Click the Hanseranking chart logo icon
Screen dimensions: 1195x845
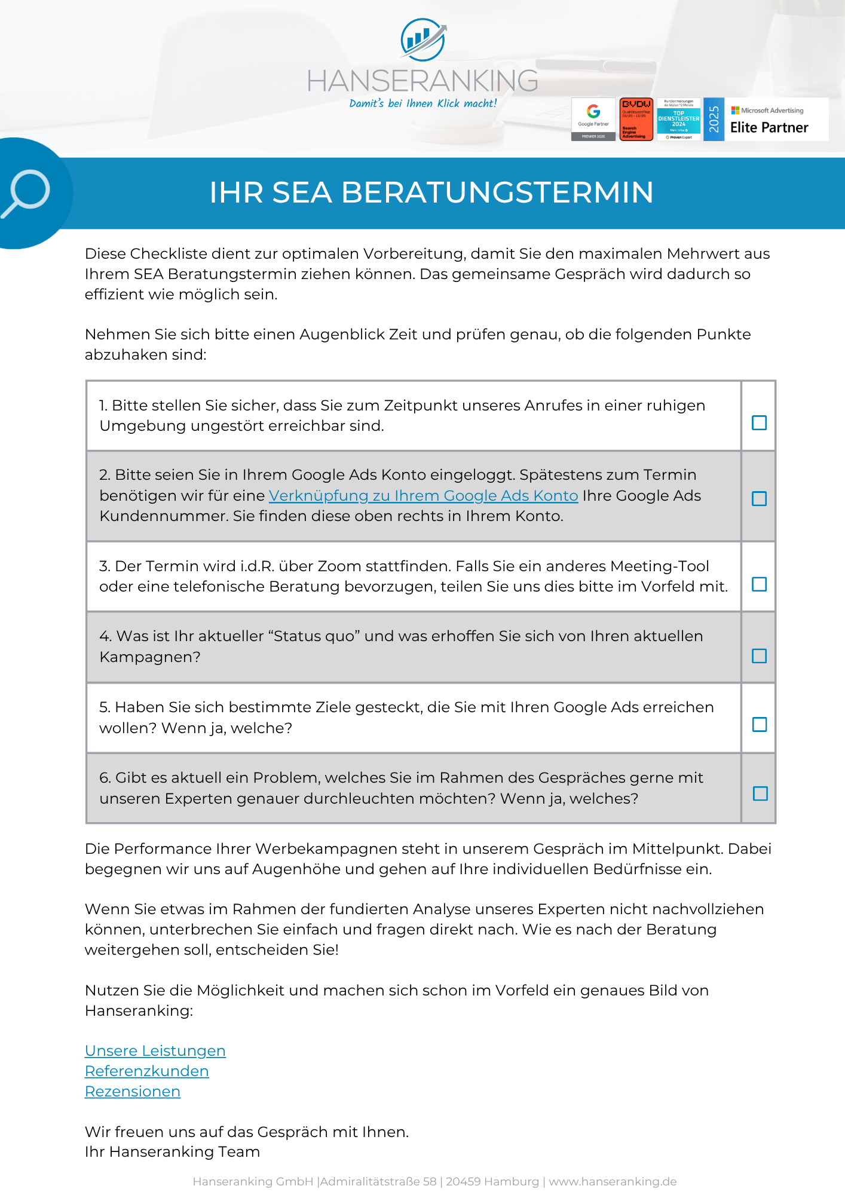(x=423, y=39)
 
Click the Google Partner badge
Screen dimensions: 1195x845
(x=593, y=119)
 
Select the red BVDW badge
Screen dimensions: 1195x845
(x=636, y=119)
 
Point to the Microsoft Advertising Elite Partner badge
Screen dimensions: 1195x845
(x=776, y=119)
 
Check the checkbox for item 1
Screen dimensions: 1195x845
(x=759, y=422)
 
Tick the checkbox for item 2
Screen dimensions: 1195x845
(x=759, y=498)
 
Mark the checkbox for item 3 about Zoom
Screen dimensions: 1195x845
(x=759, y=584)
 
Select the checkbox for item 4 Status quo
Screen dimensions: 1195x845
(x=759, y=655)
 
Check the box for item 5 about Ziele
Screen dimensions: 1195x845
(x=760, y=724)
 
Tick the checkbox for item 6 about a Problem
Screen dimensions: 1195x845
(x=760, y=793)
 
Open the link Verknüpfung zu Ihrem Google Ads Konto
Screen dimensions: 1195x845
(x=423, y=496)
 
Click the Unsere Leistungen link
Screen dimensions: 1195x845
(x=155, y=1051)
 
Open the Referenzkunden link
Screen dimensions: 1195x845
(x=147, y=1071)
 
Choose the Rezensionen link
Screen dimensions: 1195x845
(x=133, y=1092)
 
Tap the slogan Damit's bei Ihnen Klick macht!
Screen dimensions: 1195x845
(x=423, y=103)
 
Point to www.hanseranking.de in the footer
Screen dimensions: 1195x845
(x=613, y=1181)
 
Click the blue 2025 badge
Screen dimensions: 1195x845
(x=714, y=119)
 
